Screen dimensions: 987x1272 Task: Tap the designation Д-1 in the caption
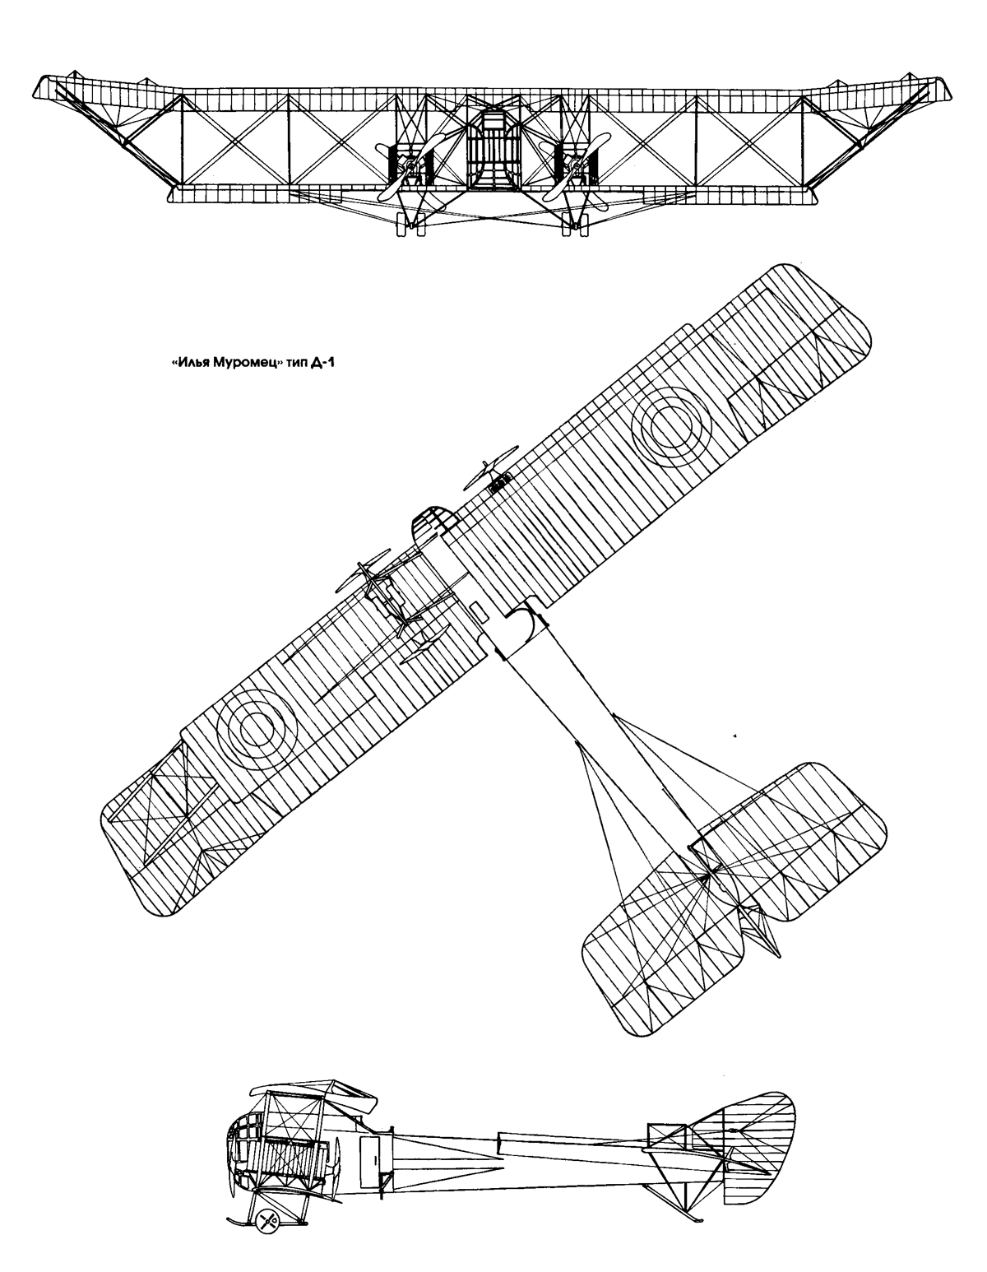pyautogui.click(x=327, y=363)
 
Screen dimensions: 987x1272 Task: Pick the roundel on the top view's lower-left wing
pyautogui.click(x=257, y=729)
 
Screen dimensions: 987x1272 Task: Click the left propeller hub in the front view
pyautogui.click(x=411, y=168)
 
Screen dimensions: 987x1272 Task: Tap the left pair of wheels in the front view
pyautogui.click(x=410, y=225)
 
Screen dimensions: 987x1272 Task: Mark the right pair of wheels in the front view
pyautogui.click(x=575, y=225)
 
